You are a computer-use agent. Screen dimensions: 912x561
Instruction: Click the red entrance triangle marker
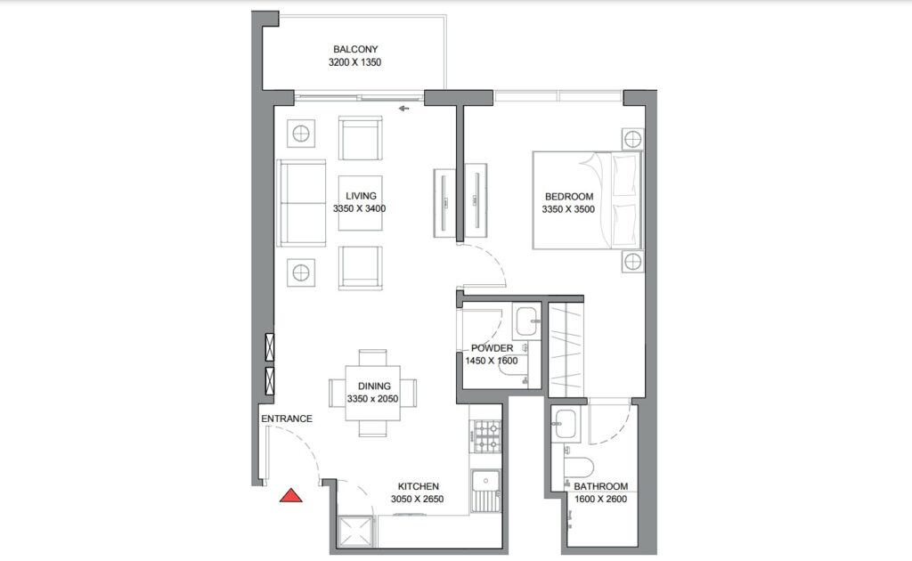click(x=291, y=496)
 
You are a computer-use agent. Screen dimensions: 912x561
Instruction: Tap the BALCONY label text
click(x=355, y=49)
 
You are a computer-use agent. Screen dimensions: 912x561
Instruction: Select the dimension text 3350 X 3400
click(x=360, y=208)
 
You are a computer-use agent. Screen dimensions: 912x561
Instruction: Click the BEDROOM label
click(x=569, y=197)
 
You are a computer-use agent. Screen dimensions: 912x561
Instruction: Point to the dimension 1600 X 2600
click(x=601, y=499)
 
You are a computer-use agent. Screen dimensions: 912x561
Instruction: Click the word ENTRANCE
click(x=287, y=419)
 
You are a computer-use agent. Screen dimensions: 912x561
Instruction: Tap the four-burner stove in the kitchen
click(x=487, y=436)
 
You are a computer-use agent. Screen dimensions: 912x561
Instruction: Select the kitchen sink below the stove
click(x=485, y=491)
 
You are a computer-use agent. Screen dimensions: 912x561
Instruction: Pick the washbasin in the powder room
click(x=526, y=321)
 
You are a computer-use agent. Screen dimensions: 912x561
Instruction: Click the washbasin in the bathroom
click(x=564, y=424)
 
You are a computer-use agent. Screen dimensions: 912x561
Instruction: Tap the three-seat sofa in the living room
click(x=301, y=203)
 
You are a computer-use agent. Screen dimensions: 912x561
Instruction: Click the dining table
click(x=373, y=393)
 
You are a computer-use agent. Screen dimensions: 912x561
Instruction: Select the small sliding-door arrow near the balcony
click(x=403, y=108)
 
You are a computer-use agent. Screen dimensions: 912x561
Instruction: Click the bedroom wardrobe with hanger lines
click(x=566, y=349)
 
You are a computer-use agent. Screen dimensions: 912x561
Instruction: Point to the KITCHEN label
click(x=419, y=486)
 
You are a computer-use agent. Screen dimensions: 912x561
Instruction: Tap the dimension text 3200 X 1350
click(x=354, y=62)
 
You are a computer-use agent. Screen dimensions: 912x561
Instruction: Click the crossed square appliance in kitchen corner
click(x=355, y=532)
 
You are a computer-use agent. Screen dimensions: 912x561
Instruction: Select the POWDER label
click(x=492, y=348)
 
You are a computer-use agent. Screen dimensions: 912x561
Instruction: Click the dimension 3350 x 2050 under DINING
click(x=373, y=399)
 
